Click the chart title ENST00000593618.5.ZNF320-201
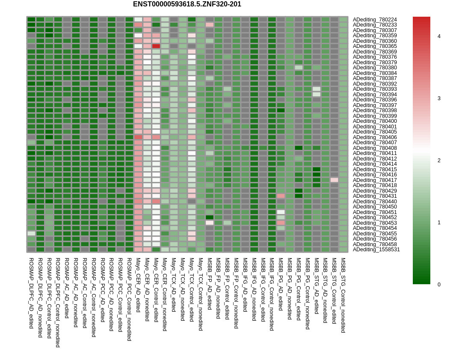[187, 4]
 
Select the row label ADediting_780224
[374, 20]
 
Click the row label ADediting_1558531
[376, 250]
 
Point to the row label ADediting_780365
[374, 46]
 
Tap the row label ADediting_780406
[374, 137]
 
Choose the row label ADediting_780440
[374, 202]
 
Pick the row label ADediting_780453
[374, 223]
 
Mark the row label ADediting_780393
[374, 89]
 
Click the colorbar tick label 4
[439, 36]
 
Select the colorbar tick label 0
[439, 285]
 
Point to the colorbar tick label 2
[439, 161]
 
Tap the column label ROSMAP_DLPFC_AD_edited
[31, 293]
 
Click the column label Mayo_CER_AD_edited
[138, 285]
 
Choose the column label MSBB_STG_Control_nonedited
[343, 295]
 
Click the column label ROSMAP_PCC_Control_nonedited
[129, 299]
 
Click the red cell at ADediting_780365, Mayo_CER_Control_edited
[156, 46]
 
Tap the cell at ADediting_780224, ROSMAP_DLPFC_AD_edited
[31, 20]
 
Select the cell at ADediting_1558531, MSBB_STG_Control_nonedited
[343, 250]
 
